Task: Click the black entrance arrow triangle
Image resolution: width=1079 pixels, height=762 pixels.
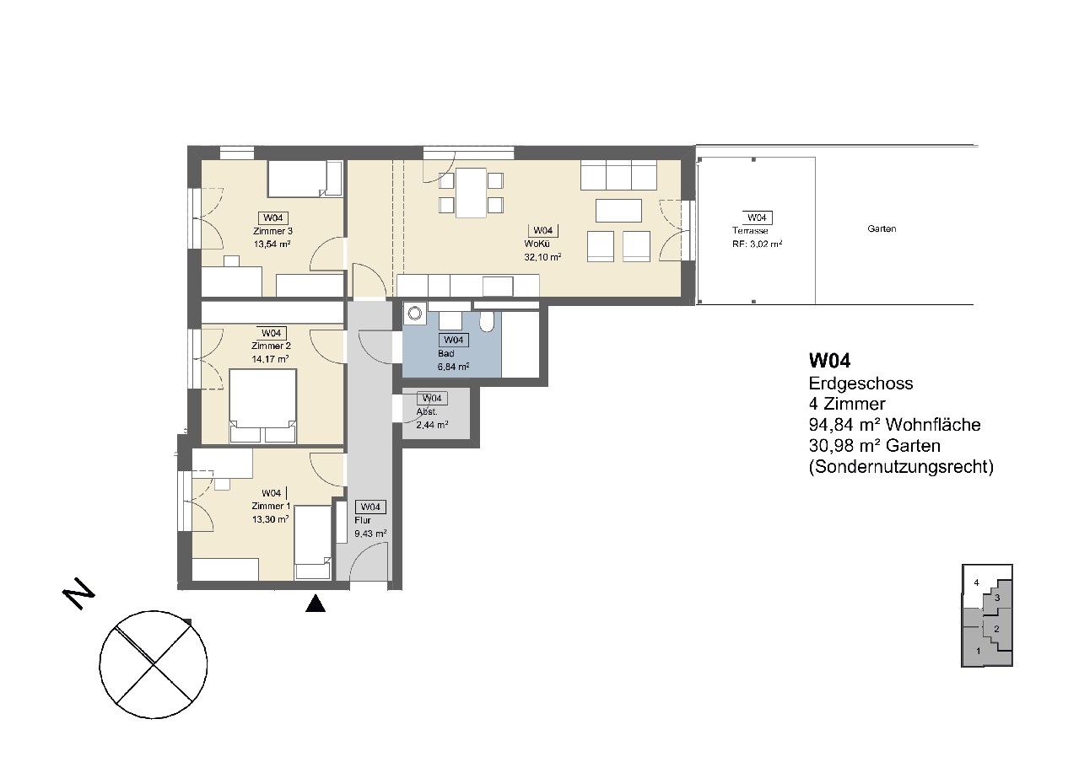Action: coord(316,604)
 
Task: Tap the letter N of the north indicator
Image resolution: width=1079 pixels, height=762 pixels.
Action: coord(78,593)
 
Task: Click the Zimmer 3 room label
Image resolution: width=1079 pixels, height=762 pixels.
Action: coord(272,231)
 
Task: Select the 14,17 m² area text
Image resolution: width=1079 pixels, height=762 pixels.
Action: coord(270,358)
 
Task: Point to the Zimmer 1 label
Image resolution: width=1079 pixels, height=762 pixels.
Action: coord(271,506)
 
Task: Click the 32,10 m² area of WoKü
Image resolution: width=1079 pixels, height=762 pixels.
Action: coord(542,257)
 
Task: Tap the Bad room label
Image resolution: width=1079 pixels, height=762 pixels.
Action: coord(446,353)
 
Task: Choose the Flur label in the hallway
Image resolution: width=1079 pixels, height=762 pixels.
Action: coord(363,520)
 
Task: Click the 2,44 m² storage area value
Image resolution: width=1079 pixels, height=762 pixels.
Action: coord(432,425)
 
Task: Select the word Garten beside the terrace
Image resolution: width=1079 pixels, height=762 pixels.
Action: coord(882,228)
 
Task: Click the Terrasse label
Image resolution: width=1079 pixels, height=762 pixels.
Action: coord(749,231)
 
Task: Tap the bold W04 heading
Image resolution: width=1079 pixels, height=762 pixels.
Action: coord(829,361)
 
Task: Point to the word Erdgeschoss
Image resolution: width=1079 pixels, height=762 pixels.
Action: coord(861,384)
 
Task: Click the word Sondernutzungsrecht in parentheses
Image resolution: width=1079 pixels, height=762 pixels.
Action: coord(901,467)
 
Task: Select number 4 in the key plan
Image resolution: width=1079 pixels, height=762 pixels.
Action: coord(976,583)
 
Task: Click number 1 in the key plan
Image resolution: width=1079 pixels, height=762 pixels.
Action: coord(978,652)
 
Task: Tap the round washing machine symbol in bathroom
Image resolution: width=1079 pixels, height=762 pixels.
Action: coord(415,314)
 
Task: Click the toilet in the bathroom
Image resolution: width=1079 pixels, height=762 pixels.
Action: coord(487,321)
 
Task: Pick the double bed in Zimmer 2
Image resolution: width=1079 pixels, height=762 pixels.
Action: coord(262,405)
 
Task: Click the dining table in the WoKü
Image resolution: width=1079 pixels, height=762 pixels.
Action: coord(471,192)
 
